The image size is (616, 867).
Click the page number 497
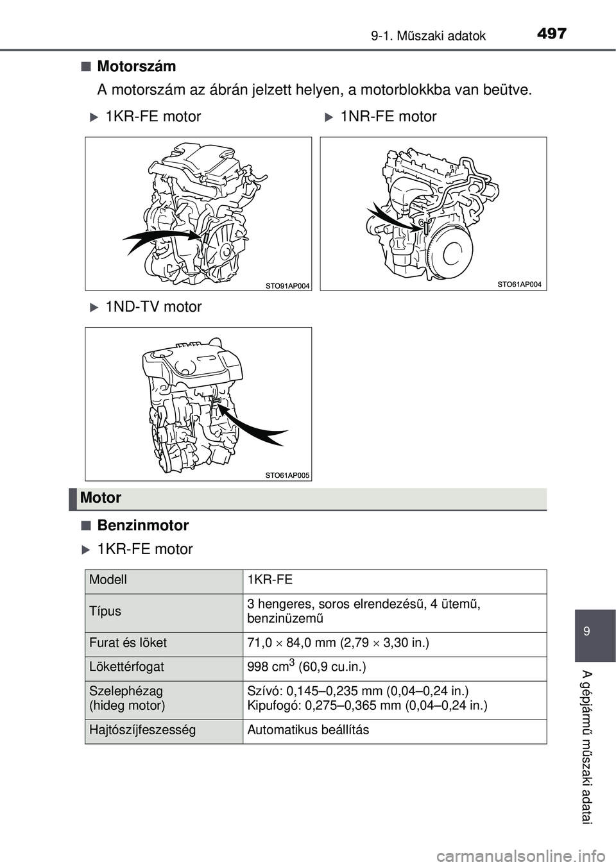click(x=551, y=33)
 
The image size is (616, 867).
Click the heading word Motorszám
click(x=136, y=66)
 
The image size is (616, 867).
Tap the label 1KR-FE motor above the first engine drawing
click(x=153, y=117)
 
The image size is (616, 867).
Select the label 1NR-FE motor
click(x=388, y=117)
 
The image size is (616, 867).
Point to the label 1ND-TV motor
click(x=153, y=307)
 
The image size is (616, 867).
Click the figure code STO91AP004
click(x=287, y=285)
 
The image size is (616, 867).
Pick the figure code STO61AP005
click(x=287, y=475)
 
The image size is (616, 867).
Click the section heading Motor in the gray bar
click(x=101, y=498)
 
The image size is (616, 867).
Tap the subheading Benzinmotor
click(x=142, y=526)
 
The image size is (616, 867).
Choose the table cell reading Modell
click(x=108, y=580)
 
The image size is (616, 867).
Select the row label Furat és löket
click(x=128, y=643)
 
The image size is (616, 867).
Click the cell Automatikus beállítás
click(x=308, y=730)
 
